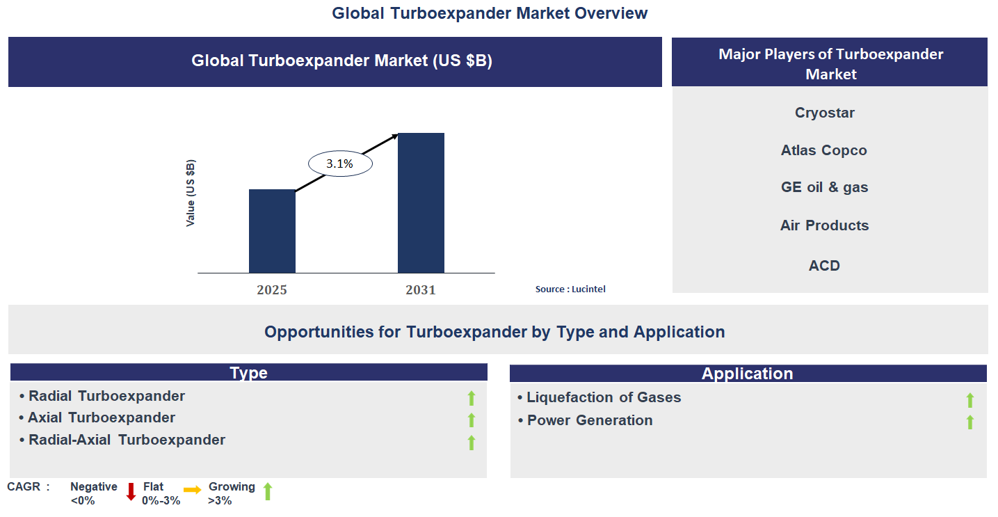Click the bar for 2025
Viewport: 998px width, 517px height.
(272, 231)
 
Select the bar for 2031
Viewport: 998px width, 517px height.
(421, 202)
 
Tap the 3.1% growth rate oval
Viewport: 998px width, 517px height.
(340, 164)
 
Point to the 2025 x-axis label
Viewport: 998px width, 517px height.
(272, 289)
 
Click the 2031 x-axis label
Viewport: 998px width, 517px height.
(421, 289)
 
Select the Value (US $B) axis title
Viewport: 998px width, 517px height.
(191, 193)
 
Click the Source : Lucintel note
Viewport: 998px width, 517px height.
(570, 289)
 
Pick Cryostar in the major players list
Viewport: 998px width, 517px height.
(825, 113)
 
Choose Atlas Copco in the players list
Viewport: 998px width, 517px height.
(824, 150)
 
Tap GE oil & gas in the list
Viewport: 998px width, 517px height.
(824, 187)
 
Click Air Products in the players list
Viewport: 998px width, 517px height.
(824, 225)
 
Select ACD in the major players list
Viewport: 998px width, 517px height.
(824, 265)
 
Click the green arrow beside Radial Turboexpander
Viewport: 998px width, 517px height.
(471, 398)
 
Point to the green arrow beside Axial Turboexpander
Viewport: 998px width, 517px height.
(471, 420)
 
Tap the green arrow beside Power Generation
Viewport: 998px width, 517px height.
(969, 422)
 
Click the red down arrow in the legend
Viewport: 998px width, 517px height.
(131, 491)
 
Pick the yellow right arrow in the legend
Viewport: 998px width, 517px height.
(193, 490)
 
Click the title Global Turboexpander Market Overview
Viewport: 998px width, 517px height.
(490, 13)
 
